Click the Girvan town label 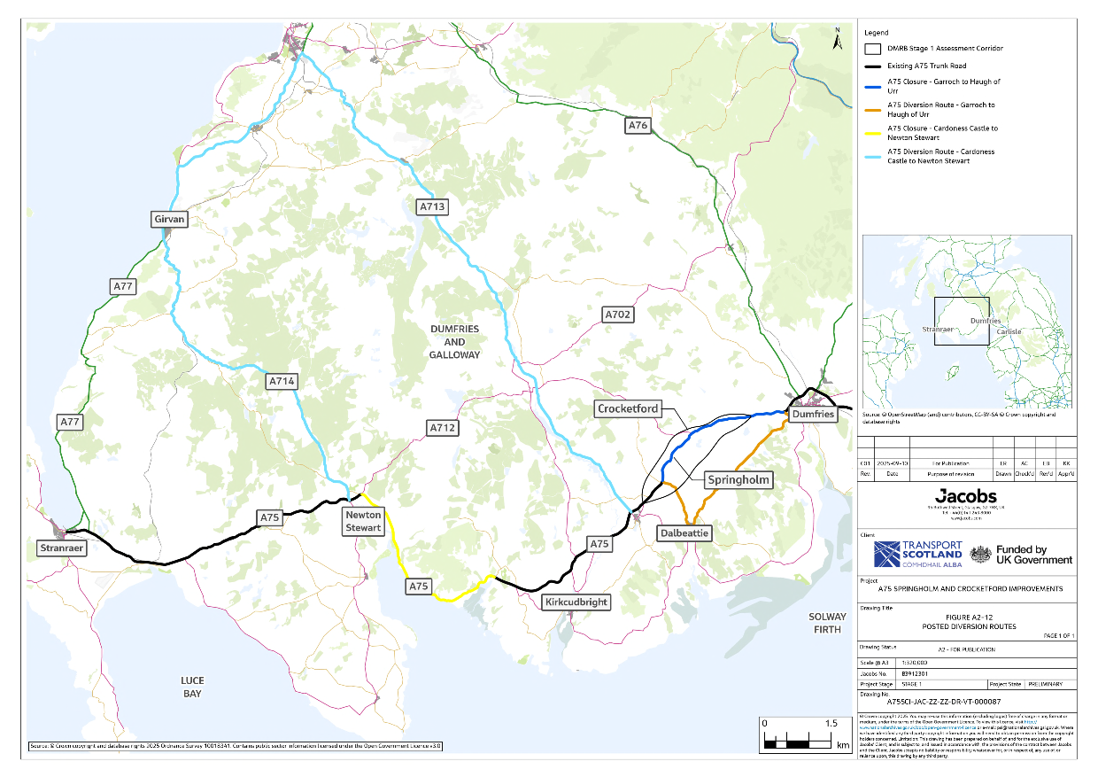[x=169, y=219]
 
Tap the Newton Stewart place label [x=364, y=521]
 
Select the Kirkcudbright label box [x=576, y=602]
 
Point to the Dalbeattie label [x=684, y=533]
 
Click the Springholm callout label [x=738, y=480]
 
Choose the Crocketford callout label [x=628, y=408]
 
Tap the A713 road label [x=432, y=207]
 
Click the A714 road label [x=282, y=382]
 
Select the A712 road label [x=442, y=428]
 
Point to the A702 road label [x=617, y=315]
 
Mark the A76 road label [x=638, y=126]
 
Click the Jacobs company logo [x=967, y=496]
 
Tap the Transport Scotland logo [x=915, y=555]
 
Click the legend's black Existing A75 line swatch [x=872, y=66]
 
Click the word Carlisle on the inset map [x=1009, y=331]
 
